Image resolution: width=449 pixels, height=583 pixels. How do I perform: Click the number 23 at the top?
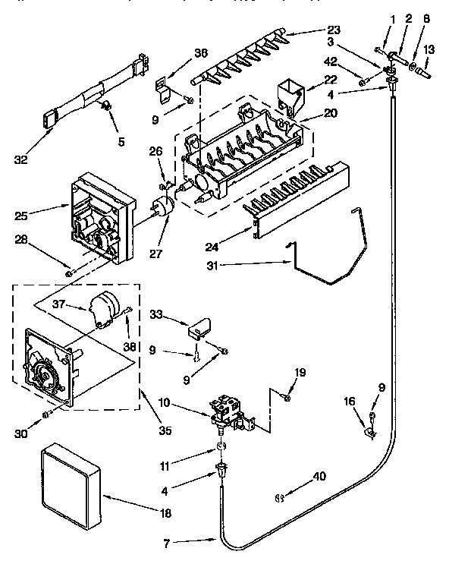[x=333, y=31]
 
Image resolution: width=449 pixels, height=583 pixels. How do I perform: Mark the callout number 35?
[x=165, y=430]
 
